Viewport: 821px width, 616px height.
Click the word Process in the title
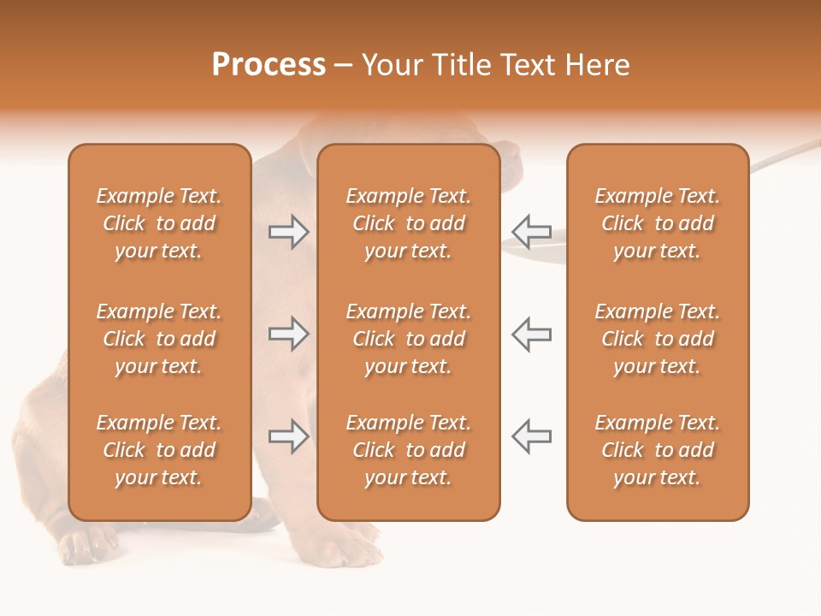point(269,65)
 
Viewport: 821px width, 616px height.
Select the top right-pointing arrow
point(288,232)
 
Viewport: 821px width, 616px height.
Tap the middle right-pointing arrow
point(288,334)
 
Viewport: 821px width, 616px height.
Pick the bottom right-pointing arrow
point(288,436)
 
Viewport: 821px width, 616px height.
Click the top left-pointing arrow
point(532,232)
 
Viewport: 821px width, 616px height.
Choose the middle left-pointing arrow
point(532,334)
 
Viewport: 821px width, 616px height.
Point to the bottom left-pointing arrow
point(532,436)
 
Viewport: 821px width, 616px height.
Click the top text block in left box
point(159,223)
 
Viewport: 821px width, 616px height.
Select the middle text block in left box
point(159,339)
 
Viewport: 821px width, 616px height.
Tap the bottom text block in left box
point(159,450)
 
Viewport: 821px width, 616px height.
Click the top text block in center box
point(408,223)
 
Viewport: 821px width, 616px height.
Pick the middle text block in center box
point(408,339)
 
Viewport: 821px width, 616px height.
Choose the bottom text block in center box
point(408,450)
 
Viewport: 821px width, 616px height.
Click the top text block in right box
point(657,223)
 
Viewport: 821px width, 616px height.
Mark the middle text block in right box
point(657,339)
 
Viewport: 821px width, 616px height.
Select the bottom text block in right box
point(657,450)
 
